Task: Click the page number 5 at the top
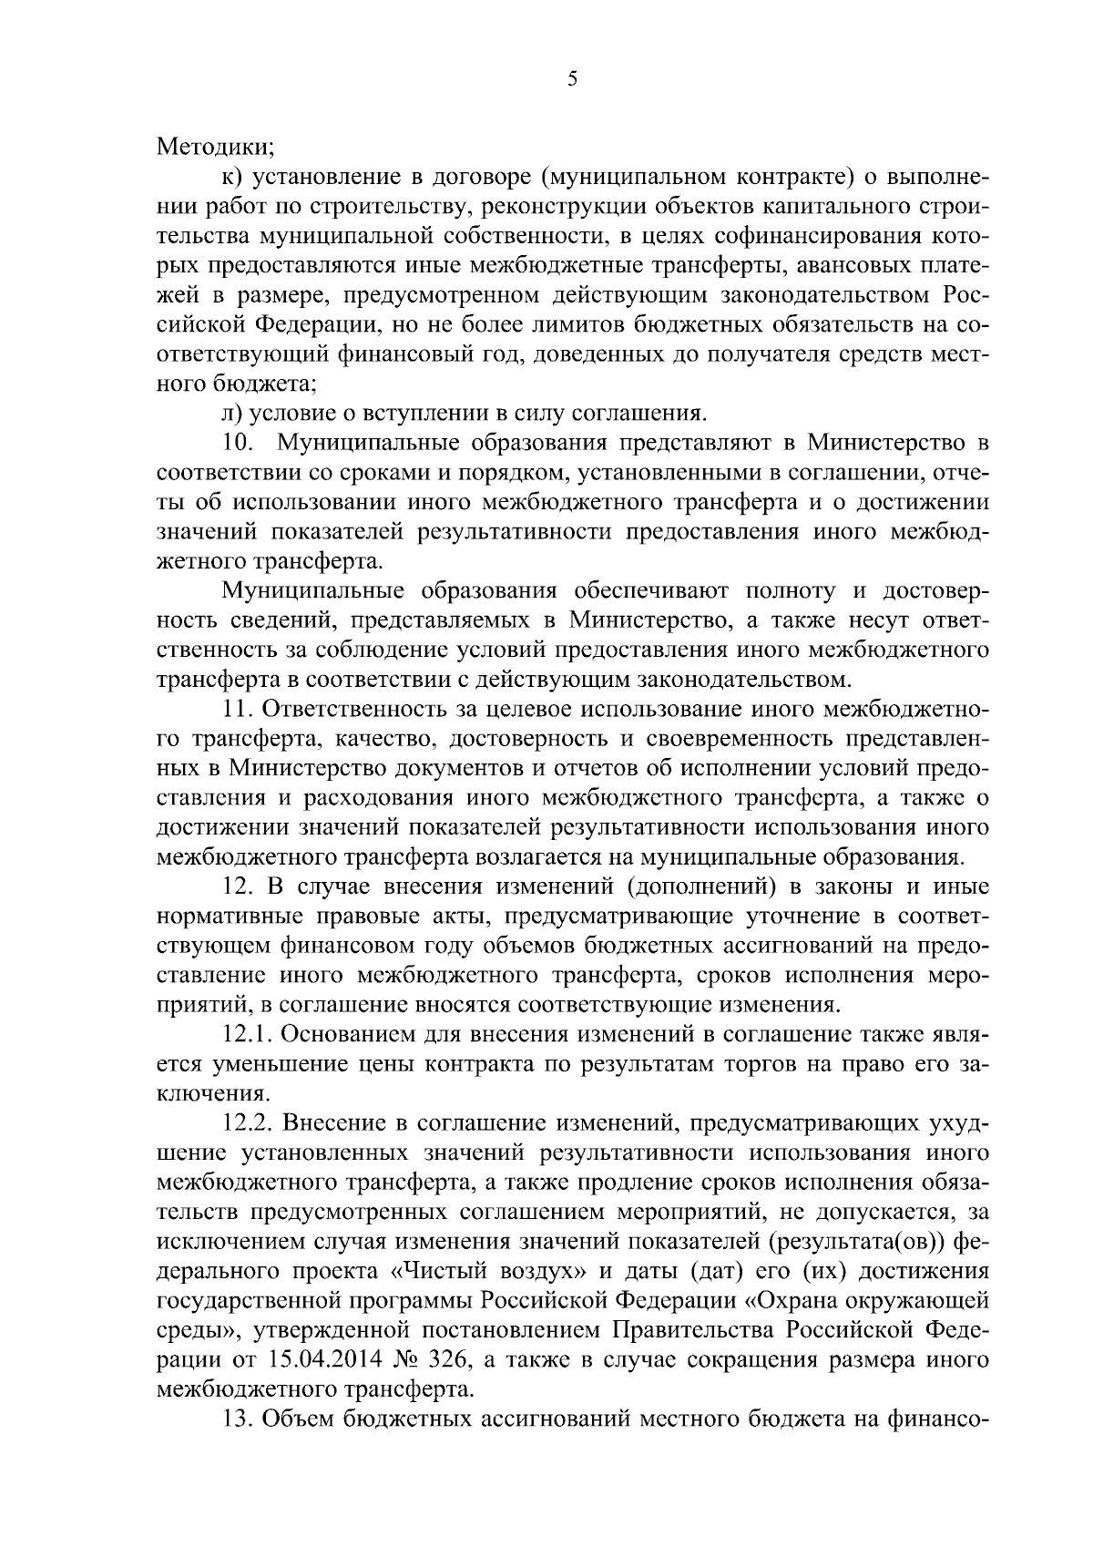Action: click(572, 79)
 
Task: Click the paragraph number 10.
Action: click(238, 443)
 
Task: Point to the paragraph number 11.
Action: click(240, 710)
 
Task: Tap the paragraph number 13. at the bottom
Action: click(240, 1419)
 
